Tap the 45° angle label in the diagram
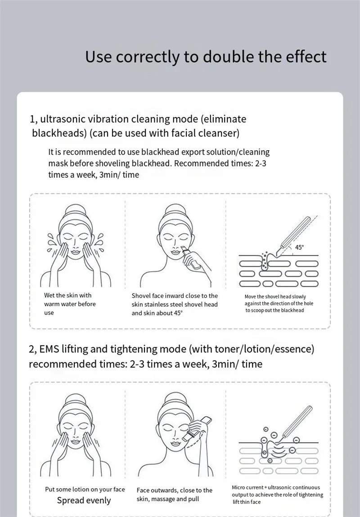coord(299,247)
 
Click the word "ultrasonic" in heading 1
coord(62,119)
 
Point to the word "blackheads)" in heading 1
coord(59,133)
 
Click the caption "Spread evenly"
coord(84,500)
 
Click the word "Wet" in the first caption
coord(49,296)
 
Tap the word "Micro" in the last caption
coord(238,487)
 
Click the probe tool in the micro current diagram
coord(295,423)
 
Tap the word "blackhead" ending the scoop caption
coord(293,310)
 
